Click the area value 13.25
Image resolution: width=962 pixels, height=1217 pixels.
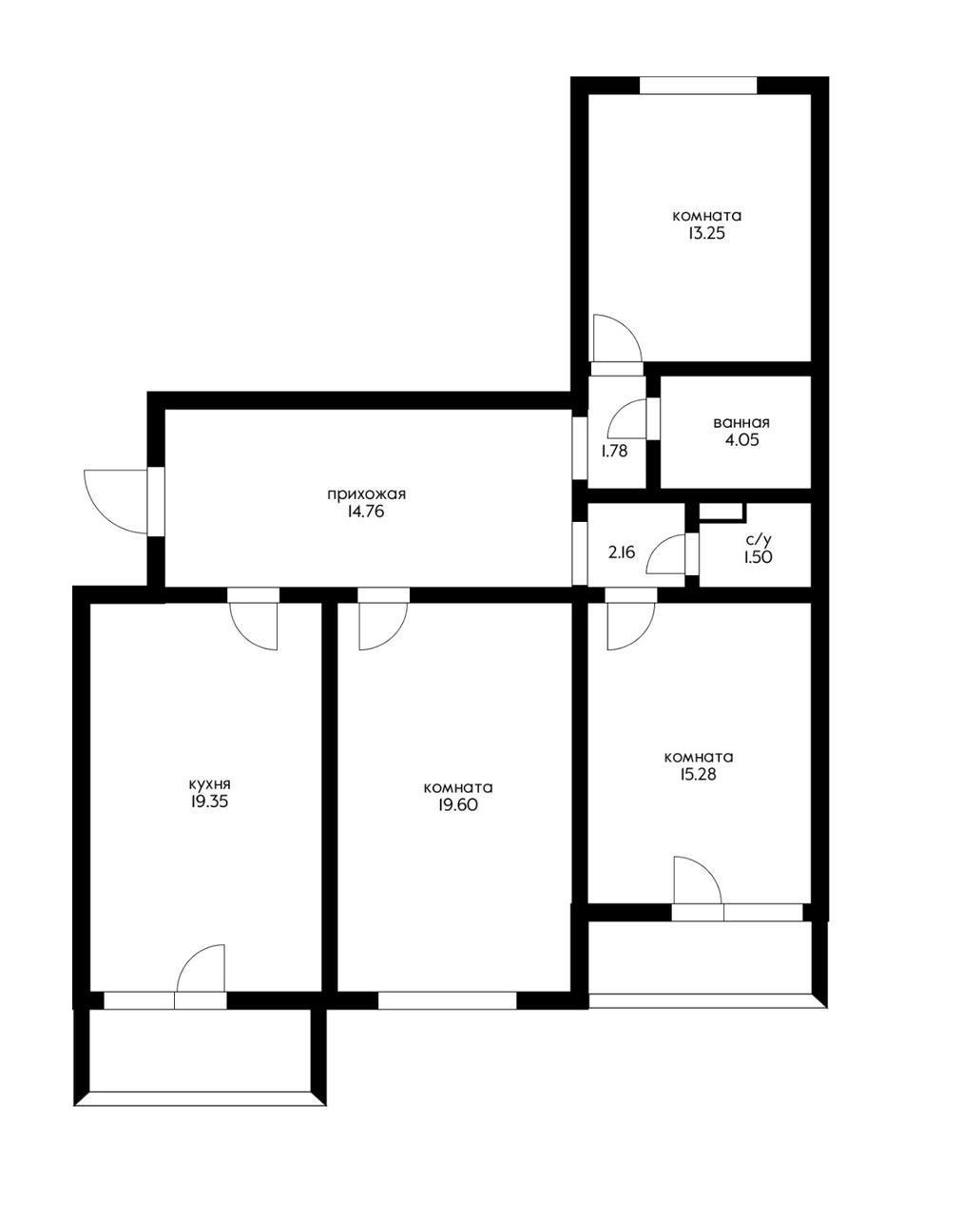point(706,234)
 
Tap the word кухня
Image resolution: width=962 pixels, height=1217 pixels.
point(209,785)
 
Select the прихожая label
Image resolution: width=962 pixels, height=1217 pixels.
point(367,494)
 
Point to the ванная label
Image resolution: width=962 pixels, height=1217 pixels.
point(741,423)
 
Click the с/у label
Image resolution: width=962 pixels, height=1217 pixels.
point(758,540)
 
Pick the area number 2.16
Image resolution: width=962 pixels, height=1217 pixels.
point(621,552)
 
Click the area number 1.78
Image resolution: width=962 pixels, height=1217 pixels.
point(614,452)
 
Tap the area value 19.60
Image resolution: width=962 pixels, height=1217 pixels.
point(457,804)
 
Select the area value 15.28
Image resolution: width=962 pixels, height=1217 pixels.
point(699,774)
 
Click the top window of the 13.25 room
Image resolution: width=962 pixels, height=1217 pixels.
point(698,85)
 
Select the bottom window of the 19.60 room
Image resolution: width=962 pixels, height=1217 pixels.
point(448,1000)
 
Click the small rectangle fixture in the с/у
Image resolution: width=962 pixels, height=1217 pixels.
point(722,512)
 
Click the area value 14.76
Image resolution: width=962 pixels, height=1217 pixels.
point(367,512)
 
